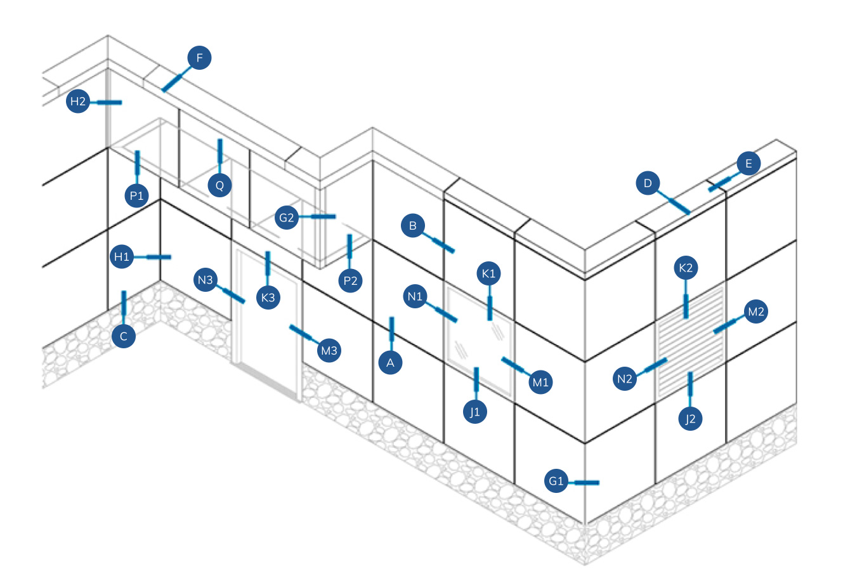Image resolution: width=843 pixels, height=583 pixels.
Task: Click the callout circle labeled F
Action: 200,59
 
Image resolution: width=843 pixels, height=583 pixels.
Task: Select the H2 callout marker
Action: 78,102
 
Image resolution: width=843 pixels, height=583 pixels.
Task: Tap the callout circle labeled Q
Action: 219,185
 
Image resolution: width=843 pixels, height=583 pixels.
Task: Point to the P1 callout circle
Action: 137,195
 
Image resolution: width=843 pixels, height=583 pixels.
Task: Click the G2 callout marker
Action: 287,218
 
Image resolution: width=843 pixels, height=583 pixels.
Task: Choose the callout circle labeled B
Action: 413,225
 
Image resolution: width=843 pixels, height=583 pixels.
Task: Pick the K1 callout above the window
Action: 488,274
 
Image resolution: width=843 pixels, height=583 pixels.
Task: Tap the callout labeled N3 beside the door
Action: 206,280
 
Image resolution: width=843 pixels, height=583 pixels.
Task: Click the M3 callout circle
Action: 330,350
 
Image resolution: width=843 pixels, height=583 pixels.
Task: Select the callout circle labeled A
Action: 391,363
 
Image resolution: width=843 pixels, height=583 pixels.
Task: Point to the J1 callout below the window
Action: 475,412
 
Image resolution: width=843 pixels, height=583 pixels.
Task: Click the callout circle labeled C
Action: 124,336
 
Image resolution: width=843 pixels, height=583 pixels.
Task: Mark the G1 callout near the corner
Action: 556,481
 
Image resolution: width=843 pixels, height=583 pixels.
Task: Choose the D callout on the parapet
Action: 648,184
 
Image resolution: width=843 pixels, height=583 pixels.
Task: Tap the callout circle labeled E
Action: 748,164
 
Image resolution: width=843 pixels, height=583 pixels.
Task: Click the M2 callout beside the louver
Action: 756,312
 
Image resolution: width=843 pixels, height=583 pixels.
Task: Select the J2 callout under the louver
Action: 691,419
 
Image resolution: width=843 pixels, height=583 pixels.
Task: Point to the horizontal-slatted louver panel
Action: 691,339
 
